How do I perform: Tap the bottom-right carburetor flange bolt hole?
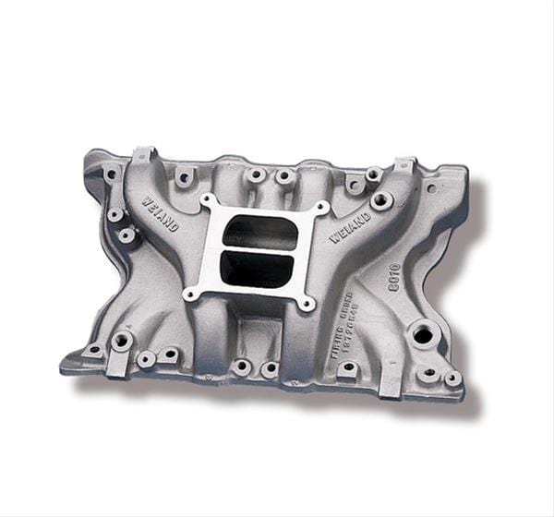tap(305, 302)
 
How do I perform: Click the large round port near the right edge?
tap(422, 334)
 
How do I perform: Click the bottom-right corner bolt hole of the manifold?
tap(452, 379)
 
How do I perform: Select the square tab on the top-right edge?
tap(404, 165)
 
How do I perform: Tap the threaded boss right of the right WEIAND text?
tap(381, 199)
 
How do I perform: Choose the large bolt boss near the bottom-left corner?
tap(121, 342)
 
